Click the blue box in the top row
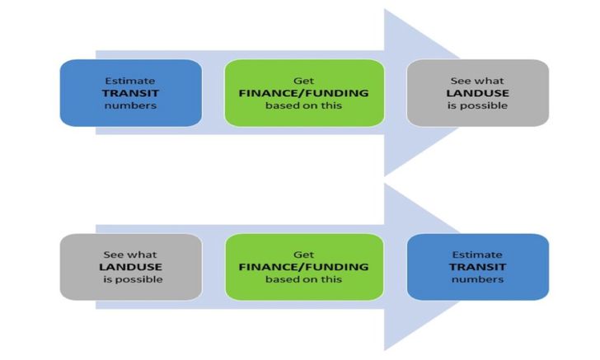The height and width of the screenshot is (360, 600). point(130,93)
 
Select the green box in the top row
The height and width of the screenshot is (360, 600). point(303,93)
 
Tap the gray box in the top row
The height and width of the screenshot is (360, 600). point(477,93)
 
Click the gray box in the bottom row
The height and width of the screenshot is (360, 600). point(130,267)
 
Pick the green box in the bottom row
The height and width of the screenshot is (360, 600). point(303,267)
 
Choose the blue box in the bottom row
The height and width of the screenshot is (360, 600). point(477,267)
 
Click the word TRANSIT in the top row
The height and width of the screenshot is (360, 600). point(130,93)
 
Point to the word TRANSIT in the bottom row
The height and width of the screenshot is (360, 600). point(477,267)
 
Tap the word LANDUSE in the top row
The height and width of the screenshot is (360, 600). point(477,93)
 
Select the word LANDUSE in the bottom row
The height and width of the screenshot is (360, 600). point(130,267)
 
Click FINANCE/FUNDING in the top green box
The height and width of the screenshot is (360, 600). point(303,93)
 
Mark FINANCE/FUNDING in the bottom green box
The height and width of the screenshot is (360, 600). point(303,267)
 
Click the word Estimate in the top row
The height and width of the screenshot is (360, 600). point(130,81)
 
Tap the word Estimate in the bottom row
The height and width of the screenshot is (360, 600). point(477,255)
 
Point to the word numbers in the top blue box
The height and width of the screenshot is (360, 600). point(130,105)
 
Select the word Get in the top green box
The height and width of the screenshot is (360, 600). point(303,81)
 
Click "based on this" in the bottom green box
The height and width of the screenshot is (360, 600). point(303,279)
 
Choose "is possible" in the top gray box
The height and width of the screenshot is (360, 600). point(477,105)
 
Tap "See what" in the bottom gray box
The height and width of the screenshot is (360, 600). point(130,255)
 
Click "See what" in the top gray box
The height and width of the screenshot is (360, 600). point(477,81)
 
